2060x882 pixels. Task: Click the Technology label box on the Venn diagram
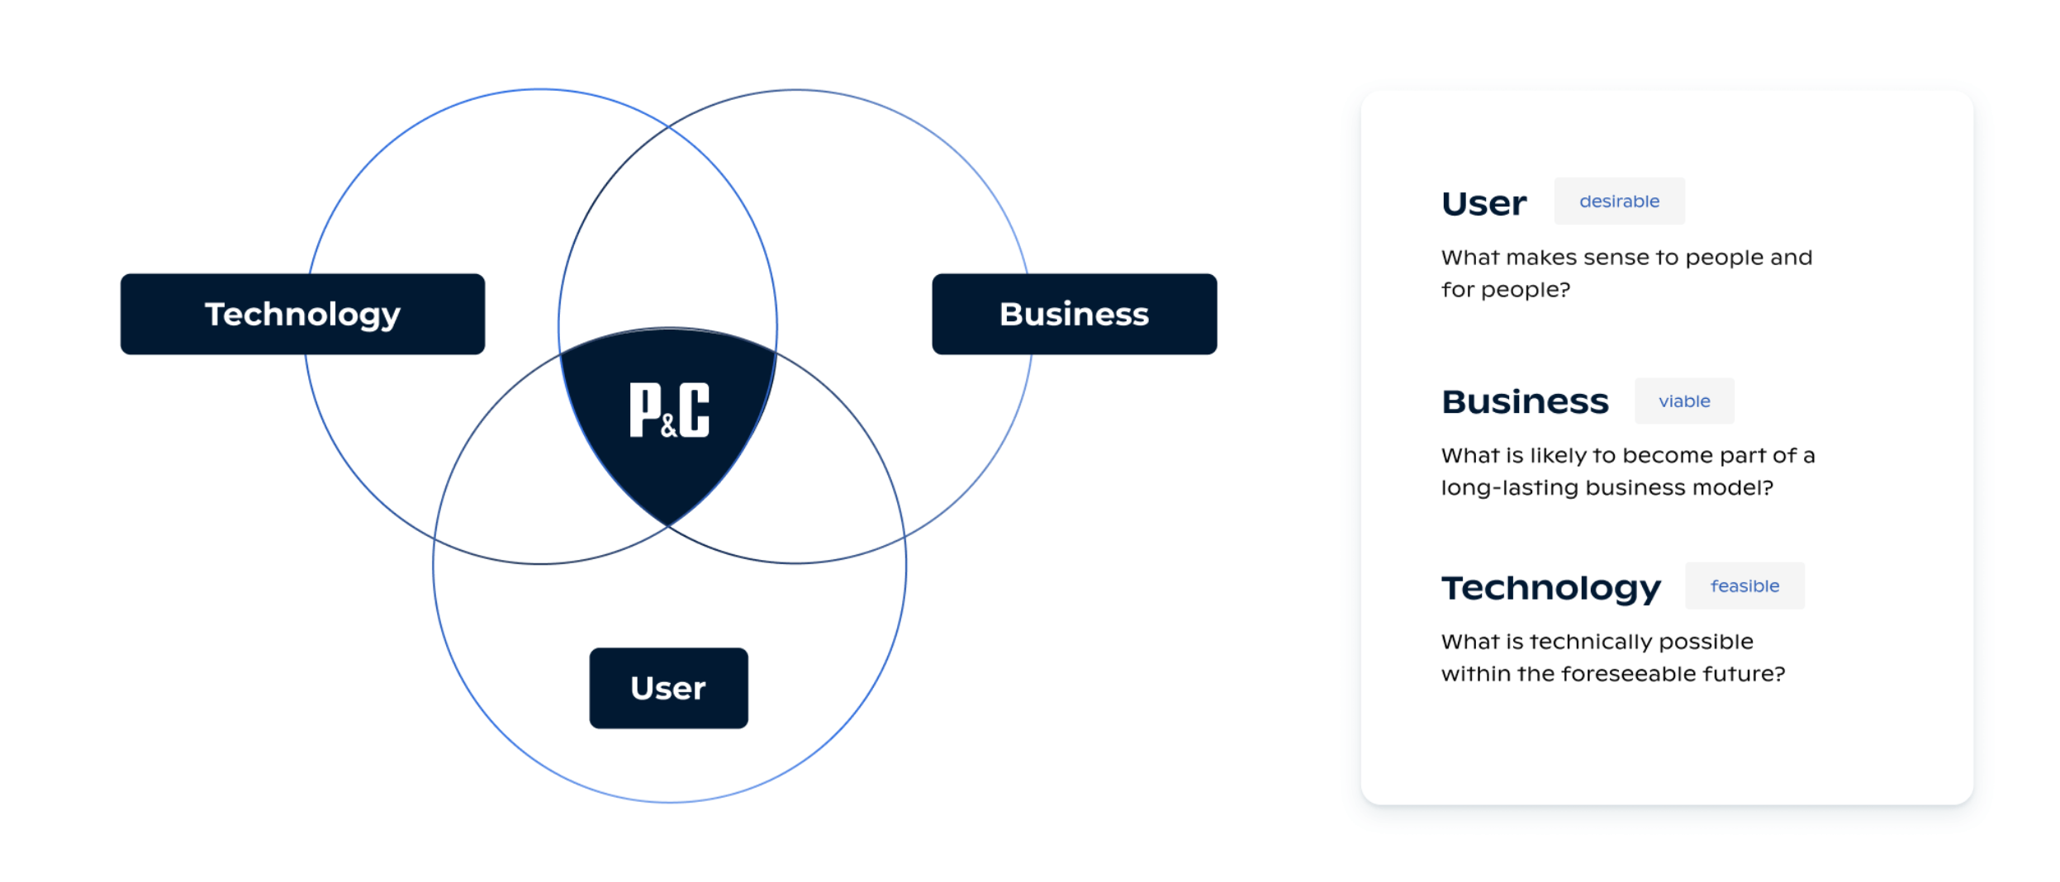coord(302,314)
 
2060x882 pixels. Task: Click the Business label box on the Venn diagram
coord(1074,314)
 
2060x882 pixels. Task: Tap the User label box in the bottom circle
coord(668,688)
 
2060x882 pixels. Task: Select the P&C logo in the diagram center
coord(669,410)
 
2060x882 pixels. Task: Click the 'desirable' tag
coord(1619,201)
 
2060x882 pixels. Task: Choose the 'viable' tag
coord(1684,401)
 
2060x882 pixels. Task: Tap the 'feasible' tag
coord(1744,586)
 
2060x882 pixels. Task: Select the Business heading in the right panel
coord(1525,402)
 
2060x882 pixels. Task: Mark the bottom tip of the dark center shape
coord(668,526)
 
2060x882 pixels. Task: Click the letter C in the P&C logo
coord(694,410)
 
